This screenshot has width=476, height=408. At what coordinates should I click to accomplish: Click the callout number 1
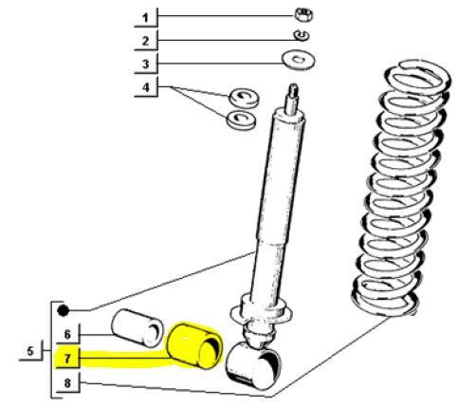tap(145, 18)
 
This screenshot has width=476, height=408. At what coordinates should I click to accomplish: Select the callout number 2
tap(145, 41)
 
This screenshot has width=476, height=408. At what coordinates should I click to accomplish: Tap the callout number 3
tap(145, 65)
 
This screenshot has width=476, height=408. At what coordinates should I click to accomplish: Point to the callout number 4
tap(145, 87)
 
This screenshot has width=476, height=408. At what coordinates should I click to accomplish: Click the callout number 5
tap(30, 351)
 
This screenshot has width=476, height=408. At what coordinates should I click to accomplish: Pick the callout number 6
tap(67, 334)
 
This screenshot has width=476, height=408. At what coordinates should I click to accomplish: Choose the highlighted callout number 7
tap(67, 359)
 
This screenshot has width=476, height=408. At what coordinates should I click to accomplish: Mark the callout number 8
tap(67, 383)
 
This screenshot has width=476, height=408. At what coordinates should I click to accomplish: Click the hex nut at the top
tap(303, 14)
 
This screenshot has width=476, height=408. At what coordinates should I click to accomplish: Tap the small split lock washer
tap(302, 35)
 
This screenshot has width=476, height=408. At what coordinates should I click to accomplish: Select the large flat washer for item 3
tap(298, 60)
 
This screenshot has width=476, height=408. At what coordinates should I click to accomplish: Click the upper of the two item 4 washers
tap(244, 98)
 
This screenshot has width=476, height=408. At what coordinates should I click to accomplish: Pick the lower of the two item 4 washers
tap(241, 120)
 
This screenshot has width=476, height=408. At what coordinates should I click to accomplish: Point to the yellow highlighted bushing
tap(195, 345)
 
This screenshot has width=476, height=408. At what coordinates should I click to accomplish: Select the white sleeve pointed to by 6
tap(137, 328)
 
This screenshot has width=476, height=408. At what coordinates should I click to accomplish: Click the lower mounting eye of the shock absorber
tap(254, 365)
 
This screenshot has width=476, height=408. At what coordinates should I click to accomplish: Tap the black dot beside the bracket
tap(63, 310)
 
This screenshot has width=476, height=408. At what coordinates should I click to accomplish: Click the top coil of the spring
tap(418, 77)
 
